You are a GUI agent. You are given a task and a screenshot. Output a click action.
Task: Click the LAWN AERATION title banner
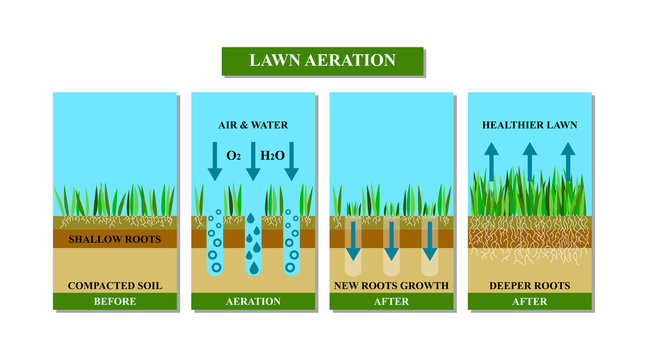coord(322,60)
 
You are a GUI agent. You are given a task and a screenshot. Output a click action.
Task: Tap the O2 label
coord(233,157)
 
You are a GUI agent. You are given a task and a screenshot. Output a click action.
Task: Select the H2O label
coord(273,157)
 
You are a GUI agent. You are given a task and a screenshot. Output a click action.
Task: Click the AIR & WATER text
coord(253,126)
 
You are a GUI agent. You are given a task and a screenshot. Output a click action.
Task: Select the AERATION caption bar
coord(253,300)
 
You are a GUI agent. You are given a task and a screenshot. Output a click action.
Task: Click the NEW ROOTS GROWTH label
coord(391,286)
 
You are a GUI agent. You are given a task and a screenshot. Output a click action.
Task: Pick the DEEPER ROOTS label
coord(530,286)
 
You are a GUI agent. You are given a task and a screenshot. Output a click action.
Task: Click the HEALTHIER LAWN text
coord(530,126)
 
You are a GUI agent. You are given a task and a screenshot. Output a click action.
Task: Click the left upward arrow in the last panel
coord(492,160)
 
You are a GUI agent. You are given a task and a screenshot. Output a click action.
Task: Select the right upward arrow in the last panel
coord(568,160)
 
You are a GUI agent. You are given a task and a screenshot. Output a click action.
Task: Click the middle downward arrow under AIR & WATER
coord(253,161)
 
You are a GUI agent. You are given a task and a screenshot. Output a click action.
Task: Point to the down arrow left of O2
coord(214,161)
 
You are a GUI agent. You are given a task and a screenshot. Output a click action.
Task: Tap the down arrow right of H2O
coord(292,161)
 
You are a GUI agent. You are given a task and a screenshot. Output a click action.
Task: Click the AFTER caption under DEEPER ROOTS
coord(530,300)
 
